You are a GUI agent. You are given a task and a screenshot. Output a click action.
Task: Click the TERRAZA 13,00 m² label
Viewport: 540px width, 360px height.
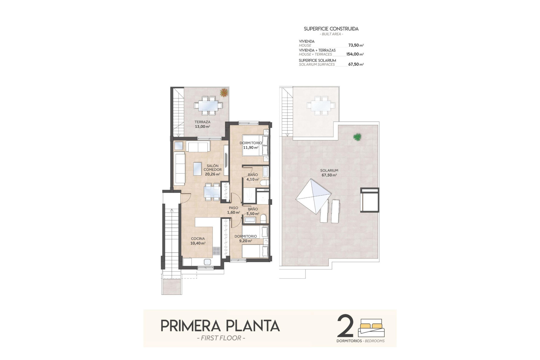point(202,124)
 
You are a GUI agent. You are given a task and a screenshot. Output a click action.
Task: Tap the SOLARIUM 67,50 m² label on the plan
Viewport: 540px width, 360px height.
point(329,173)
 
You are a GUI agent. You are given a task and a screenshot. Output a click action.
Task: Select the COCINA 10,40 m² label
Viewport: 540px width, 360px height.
point(198,241)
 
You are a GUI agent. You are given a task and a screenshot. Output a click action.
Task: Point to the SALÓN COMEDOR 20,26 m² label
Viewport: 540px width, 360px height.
point(212,170)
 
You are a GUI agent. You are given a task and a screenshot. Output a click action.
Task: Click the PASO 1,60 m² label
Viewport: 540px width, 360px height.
point(233,210)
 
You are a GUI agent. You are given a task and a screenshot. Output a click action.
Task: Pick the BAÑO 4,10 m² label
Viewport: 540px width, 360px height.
point(253,177)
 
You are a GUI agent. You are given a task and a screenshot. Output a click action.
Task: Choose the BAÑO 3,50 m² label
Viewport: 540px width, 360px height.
point(253,211)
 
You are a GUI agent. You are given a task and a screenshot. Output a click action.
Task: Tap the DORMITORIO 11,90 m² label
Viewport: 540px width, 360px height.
point(251,145)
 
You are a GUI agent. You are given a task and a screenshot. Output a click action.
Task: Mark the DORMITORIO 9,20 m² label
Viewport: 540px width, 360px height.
point(245,238)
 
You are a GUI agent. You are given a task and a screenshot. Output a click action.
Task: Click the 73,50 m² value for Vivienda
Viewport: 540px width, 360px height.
point(356,45)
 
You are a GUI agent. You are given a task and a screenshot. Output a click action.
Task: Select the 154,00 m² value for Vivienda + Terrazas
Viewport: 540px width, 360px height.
point(355,54)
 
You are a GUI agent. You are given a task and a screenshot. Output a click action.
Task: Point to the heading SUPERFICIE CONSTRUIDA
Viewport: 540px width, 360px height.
point(331,29)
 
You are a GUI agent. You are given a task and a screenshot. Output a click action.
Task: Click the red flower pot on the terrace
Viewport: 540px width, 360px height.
point(224,92)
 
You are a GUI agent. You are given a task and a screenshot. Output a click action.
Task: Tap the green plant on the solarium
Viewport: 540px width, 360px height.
point(357,137)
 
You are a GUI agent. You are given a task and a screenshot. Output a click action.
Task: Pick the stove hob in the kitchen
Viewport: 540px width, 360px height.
point(216,251)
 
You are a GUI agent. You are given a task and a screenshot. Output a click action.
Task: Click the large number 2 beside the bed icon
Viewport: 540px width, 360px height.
point(345,326)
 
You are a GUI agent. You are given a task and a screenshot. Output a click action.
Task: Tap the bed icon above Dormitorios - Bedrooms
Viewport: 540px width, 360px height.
point(371,328)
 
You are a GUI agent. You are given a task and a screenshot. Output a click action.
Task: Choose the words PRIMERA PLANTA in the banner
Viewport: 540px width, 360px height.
point(220,326)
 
